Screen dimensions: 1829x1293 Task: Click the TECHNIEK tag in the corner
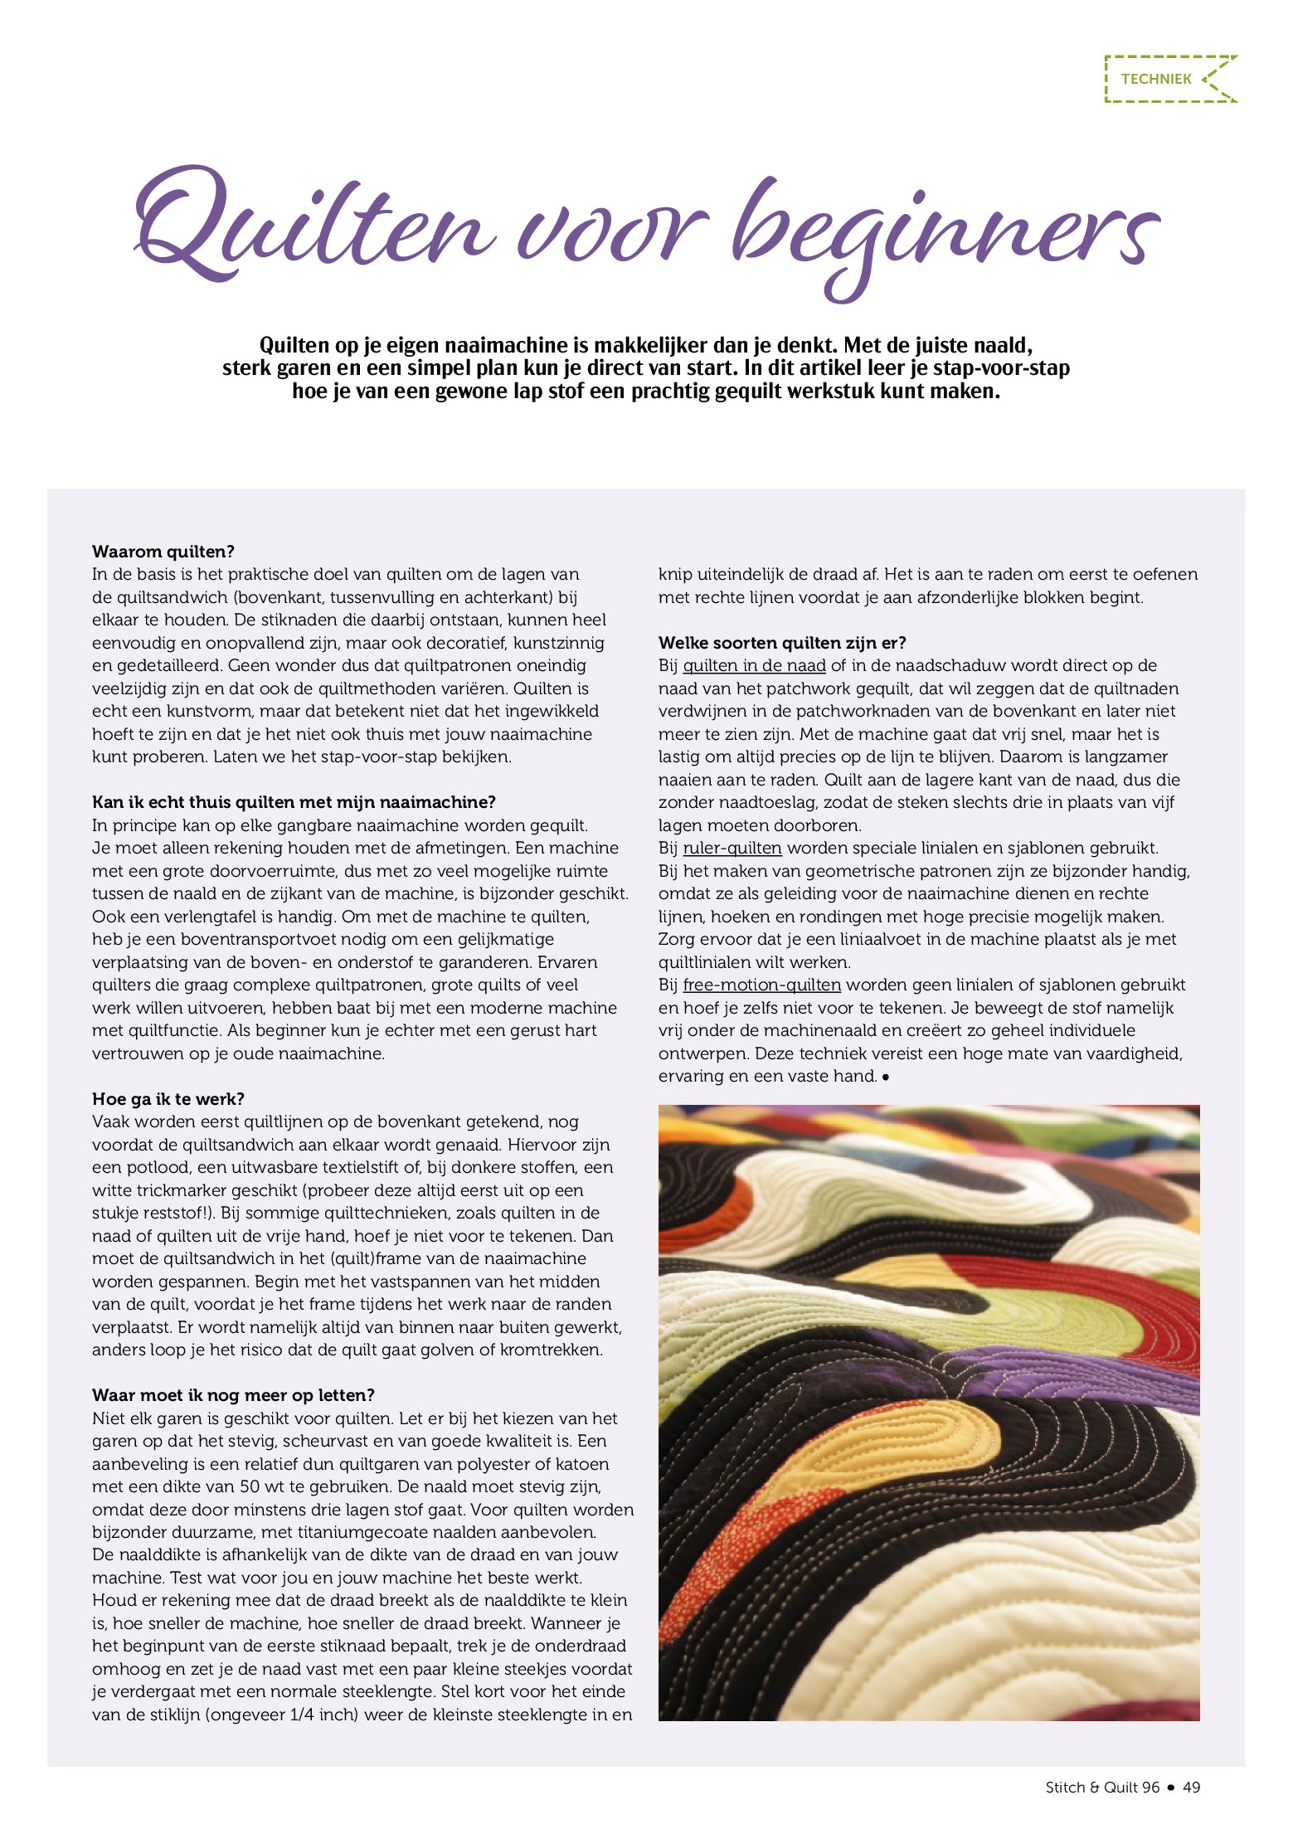[x=1156, y=80]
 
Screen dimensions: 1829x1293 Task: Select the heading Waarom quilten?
[x=163, y=552]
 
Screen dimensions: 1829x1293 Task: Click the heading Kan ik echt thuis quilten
[x=294, y=802]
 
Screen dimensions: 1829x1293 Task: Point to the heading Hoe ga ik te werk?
[x=168, y=1099]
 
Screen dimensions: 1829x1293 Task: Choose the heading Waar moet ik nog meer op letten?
[x=233, y=1395]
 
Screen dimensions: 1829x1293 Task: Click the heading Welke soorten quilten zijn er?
[x=782, y=643]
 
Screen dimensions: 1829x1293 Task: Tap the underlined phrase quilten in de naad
[x=754, y=665]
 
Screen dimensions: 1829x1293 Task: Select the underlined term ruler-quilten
[x=732, y=848]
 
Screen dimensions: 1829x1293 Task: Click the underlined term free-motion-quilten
[x=761, y=985]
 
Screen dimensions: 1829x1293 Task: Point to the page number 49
[x=1191, y=1788]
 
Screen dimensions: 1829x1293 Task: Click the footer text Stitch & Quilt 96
[x=1102, y=1788]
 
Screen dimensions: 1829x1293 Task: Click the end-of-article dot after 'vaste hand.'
[x=886, y=1077]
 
